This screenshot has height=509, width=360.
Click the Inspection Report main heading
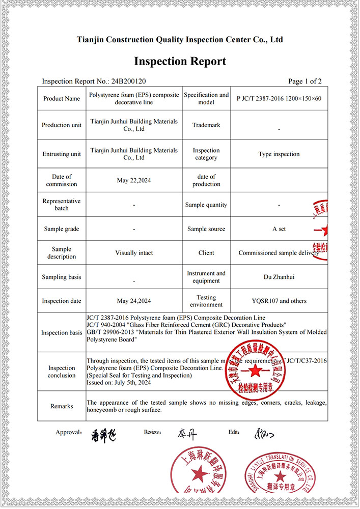point(180,62)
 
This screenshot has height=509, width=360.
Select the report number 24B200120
point(131,81)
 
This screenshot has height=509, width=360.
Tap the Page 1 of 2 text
point(304,81)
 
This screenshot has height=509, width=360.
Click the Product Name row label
point(61,99)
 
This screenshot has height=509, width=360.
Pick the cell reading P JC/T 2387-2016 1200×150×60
point(279,99)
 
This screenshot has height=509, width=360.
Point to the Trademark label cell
point(206,125)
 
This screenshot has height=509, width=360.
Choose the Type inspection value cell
point(279,154)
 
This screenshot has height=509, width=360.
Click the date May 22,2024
point(134,180)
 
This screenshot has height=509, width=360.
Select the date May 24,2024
point(134,301)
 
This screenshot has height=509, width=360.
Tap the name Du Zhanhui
point(279,277)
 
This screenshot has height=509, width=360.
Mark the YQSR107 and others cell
point(279,301)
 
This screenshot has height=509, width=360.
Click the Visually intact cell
point(134,253)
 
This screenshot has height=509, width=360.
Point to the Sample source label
point(206,229)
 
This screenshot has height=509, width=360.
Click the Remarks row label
point(62,406)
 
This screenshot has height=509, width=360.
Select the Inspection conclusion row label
point(62,372)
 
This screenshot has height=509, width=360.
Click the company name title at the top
point(180,39)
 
